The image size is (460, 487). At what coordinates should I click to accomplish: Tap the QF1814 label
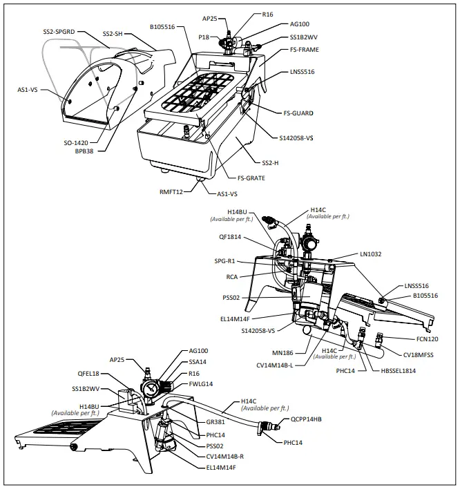click(230, 236)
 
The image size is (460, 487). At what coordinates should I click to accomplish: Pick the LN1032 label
click(371, 254)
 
